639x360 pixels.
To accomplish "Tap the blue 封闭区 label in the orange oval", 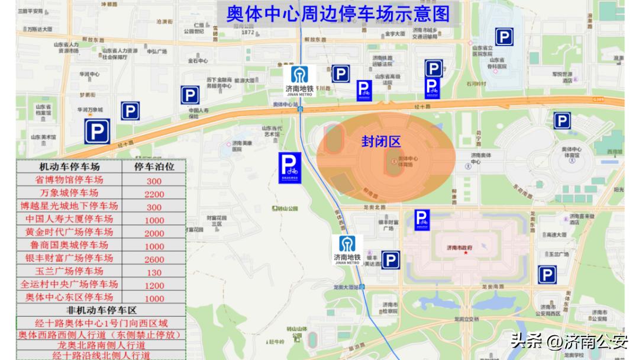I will [381, 142].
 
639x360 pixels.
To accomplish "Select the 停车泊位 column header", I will [154, 167].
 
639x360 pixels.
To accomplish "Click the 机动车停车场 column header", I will [69, 167].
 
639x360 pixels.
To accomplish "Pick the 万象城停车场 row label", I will [69, 193].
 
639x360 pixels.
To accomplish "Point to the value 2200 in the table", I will [154, 194].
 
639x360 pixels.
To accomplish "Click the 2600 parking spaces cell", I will [154, 259].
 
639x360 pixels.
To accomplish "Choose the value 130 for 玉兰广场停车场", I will [154, 272].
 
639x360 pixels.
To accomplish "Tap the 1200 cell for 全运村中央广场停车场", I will [154, 285].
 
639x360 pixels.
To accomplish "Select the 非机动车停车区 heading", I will [101, 310].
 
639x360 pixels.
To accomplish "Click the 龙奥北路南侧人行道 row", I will [101, 345].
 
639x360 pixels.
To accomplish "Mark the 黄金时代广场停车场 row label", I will [69, 232].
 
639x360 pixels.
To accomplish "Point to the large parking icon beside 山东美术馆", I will [97, 131].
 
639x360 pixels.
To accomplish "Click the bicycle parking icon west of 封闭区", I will [290, 167].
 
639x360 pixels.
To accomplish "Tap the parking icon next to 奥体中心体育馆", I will [561, 121].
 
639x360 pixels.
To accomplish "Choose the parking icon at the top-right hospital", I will [504, 37].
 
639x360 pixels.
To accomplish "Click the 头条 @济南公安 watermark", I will [569, 342].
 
